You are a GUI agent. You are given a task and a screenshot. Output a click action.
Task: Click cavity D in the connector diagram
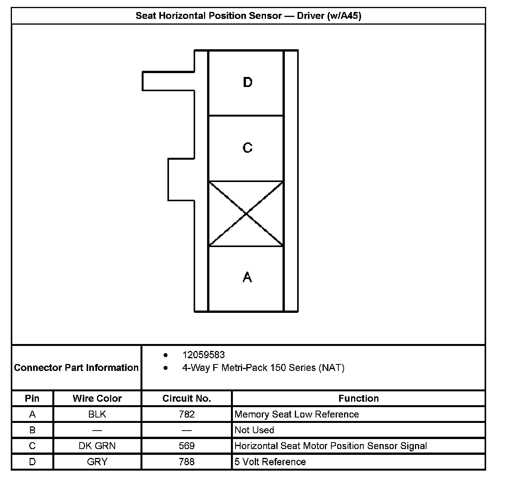(246, 83)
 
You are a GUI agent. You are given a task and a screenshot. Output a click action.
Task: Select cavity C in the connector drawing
(246, 148)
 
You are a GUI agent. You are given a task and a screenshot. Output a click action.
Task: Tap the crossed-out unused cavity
(246, 214)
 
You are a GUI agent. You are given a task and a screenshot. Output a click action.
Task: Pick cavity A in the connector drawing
(246, 278)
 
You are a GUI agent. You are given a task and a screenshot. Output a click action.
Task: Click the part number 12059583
(203, 355)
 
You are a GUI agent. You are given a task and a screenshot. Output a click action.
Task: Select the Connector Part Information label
(76, 368)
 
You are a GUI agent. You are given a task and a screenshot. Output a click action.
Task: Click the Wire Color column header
(97, 399)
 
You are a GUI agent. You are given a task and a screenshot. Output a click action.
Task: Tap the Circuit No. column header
(187, 399)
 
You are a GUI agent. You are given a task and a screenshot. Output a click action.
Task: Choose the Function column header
(358, 399)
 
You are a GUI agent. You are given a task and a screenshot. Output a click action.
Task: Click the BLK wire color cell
(97, 414)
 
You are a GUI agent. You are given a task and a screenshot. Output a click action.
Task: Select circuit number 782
(187, 414)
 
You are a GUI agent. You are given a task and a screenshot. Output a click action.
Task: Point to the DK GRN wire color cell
(97, 446)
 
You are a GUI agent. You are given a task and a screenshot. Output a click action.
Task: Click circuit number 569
(187, 446)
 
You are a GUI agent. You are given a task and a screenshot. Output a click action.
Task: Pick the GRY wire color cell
(97, 462)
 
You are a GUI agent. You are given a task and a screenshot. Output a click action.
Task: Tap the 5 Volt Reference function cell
(270, 462)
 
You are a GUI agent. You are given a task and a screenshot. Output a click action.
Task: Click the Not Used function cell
(254, 430)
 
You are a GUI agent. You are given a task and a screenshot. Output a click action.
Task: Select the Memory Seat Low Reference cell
(296, 414)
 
